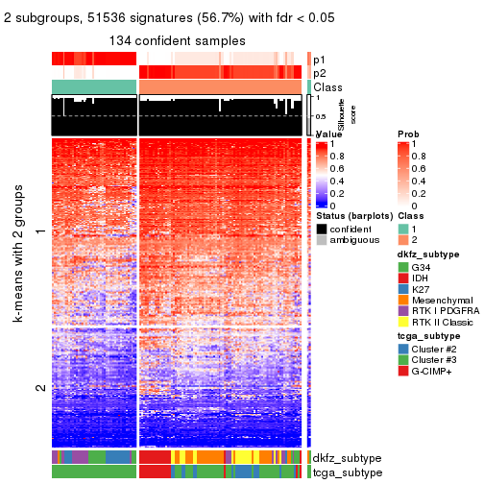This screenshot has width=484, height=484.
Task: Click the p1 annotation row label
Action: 320,59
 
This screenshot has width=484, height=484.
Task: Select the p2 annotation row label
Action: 320,72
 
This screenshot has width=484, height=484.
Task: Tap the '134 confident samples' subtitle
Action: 177,40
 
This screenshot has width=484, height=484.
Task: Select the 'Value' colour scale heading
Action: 328,134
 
